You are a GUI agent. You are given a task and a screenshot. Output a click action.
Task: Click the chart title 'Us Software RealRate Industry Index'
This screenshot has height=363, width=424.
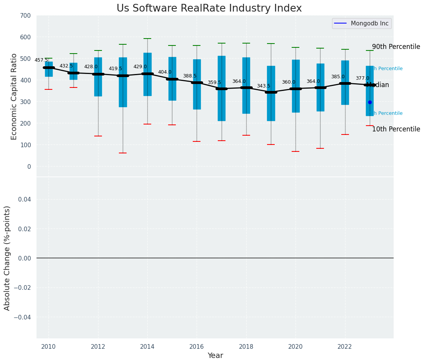[x=209, y=8]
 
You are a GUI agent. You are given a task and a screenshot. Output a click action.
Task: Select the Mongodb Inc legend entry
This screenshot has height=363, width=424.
[x=362, y=24]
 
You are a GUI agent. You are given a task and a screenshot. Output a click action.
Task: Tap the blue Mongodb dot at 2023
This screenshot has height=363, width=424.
[x=370, y=102]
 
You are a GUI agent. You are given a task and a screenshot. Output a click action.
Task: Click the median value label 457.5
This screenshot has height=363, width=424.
[x=41, y=60]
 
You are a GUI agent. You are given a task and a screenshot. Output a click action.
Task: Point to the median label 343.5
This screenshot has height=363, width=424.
[x=264, y=86]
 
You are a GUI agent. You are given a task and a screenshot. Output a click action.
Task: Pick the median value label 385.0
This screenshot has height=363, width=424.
[x=338, y=77]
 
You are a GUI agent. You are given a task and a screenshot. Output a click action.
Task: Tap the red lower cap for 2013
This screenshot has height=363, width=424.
[x=123, y=153]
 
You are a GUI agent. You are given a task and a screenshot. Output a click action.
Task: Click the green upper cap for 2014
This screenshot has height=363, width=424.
[x=147, y=39]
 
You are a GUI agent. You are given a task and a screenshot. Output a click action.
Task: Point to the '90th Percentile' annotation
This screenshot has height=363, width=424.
[x=396, y=47]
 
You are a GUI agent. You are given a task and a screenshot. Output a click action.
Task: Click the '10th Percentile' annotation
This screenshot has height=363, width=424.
[x=396, y=129]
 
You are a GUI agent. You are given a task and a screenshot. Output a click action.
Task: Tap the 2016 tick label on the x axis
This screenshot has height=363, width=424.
[x=197, y=347]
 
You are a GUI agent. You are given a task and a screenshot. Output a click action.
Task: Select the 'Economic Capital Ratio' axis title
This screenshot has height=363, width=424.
[x=14, y=96]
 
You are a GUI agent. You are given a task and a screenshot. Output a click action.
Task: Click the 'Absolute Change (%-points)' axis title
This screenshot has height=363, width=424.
[x=7, y=258]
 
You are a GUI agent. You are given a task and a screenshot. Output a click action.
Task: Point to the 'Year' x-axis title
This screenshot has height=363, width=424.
[x=215, y=356]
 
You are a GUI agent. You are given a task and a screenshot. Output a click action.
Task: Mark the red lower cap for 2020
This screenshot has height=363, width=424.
[x=295, y=151]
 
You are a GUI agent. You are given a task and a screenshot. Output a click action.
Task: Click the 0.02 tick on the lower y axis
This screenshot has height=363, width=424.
[x=25, y=229]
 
